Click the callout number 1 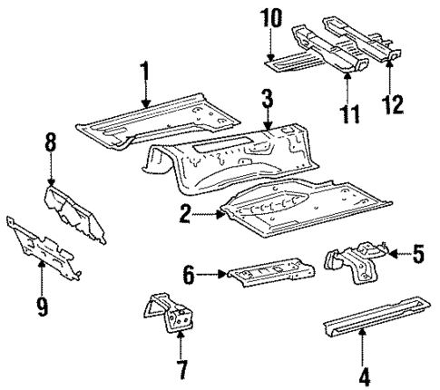[x=143, y=72]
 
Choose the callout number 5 [x=417, y=255]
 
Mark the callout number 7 [x=181, y=370]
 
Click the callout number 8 [x=51, y=142]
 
